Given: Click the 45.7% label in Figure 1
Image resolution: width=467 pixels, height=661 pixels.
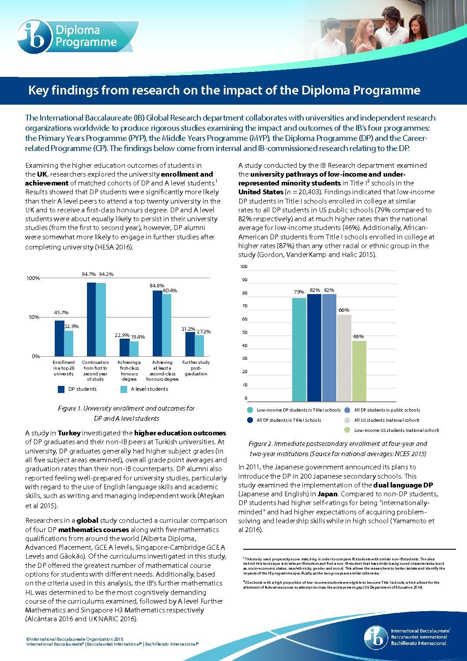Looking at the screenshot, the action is click(61, 313).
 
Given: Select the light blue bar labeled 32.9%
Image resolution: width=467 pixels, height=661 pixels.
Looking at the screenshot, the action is click(69, 344).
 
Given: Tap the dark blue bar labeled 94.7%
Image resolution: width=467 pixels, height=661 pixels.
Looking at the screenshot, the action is click(91, 319).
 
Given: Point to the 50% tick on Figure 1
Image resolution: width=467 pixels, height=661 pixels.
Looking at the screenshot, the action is click(34, 317).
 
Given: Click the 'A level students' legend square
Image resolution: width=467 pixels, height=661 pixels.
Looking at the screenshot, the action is click(124, 389).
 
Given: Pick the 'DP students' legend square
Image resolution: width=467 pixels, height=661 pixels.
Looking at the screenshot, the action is click(61, 389).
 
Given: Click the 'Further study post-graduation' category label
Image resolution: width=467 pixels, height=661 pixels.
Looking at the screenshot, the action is click(196, 368).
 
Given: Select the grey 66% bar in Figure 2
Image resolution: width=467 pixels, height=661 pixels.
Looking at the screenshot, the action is click(344, 358).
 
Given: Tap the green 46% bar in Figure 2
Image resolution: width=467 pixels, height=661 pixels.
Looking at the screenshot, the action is click(359, 371).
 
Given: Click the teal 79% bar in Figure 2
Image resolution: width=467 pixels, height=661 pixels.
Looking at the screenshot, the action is click(299, 350).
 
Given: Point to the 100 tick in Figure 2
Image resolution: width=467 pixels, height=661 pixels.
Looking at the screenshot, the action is click(244, 266).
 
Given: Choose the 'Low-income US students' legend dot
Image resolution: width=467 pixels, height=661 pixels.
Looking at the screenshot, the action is click(347, 430).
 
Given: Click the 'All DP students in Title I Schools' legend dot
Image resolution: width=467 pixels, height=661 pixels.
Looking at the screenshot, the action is click(250, 420).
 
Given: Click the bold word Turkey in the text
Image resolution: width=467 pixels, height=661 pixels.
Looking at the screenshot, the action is click(69, 433).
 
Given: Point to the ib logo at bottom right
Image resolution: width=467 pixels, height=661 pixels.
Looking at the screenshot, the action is click(376, 638).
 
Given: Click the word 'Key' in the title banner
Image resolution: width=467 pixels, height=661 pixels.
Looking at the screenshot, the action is click(38, 91).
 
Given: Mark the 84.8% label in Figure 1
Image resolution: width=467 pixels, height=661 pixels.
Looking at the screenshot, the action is click(157, 286).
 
